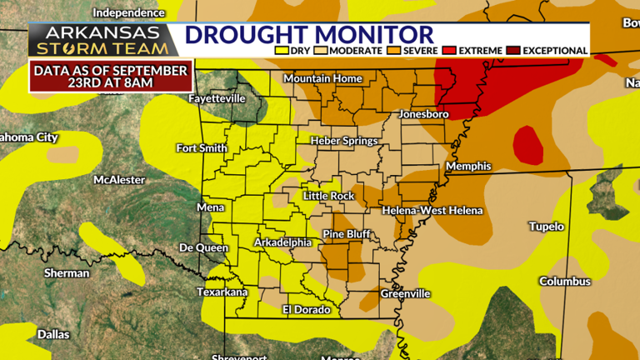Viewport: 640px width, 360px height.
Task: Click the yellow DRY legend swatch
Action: click(281, 51)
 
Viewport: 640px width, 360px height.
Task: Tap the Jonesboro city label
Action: click(424, 112)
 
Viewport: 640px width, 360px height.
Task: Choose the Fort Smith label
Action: click(202, 148)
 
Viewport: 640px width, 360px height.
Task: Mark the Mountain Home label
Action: click(323, 78)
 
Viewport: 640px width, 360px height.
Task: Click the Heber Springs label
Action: click(344, 141)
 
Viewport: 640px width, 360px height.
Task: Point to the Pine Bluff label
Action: click(347, 233)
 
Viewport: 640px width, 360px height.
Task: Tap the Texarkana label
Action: click(222, 292)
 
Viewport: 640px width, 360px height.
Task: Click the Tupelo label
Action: click(547, 226)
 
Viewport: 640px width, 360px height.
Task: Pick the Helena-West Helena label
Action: click(432, 211)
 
